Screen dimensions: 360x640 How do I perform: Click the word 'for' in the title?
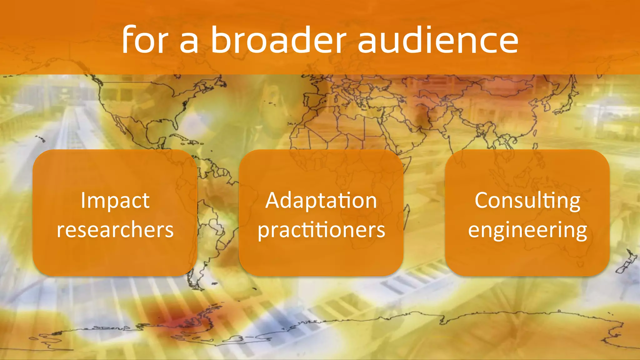pyautogui.click(x=145, y=40)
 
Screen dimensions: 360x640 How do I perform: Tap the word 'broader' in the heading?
pyautogui.click(x=278, y=40)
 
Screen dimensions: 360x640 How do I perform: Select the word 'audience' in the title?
pyautogui.click(x=437, y=40)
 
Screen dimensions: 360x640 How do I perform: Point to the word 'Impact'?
pyautogui.click(x=115, y=200)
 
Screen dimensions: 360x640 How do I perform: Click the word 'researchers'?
pyautogui.click(x=115, y=230)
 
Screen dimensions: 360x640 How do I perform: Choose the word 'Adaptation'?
pyautogui.click(x=321, y=200)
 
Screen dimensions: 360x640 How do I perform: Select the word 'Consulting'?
pyautogui.click(x=527, y=201)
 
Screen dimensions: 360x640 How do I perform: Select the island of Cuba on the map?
pyautogui.click(x=181, y=137)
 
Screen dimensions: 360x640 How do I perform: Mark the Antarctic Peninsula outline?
pyautogui.click(x=206, y=312)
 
